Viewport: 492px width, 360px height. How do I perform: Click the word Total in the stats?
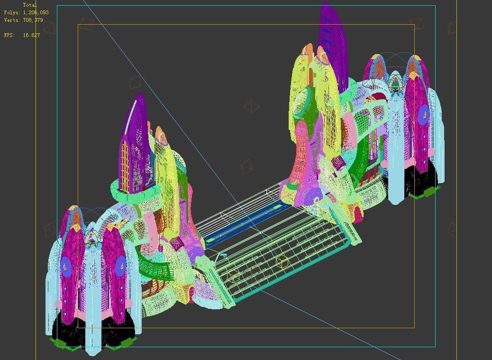(29, 5)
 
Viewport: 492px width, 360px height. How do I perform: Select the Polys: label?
(12, 13)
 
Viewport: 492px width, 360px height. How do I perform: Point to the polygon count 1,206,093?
(36, 13)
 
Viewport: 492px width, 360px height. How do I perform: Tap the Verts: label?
(12, 20)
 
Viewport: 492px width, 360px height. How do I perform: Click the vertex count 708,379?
(33, 20)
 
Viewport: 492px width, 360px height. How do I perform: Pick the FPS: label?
(9, 35)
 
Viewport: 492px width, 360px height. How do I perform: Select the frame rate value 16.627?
(31, 35)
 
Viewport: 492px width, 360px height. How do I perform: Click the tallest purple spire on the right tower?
(333, 38)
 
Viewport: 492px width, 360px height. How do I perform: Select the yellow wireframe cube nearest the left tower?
(234, 277)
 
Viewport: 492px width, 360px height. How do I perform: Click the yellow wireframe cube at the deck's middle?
(282, 261)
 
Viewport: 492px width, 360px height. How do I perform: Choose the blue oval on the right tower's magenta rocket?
(424, 113)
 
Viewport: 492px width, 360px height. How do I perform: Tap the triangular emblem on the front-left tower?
(91, 237)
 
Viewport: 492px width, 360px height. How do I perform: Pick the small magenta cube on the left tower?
(176, 244)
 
